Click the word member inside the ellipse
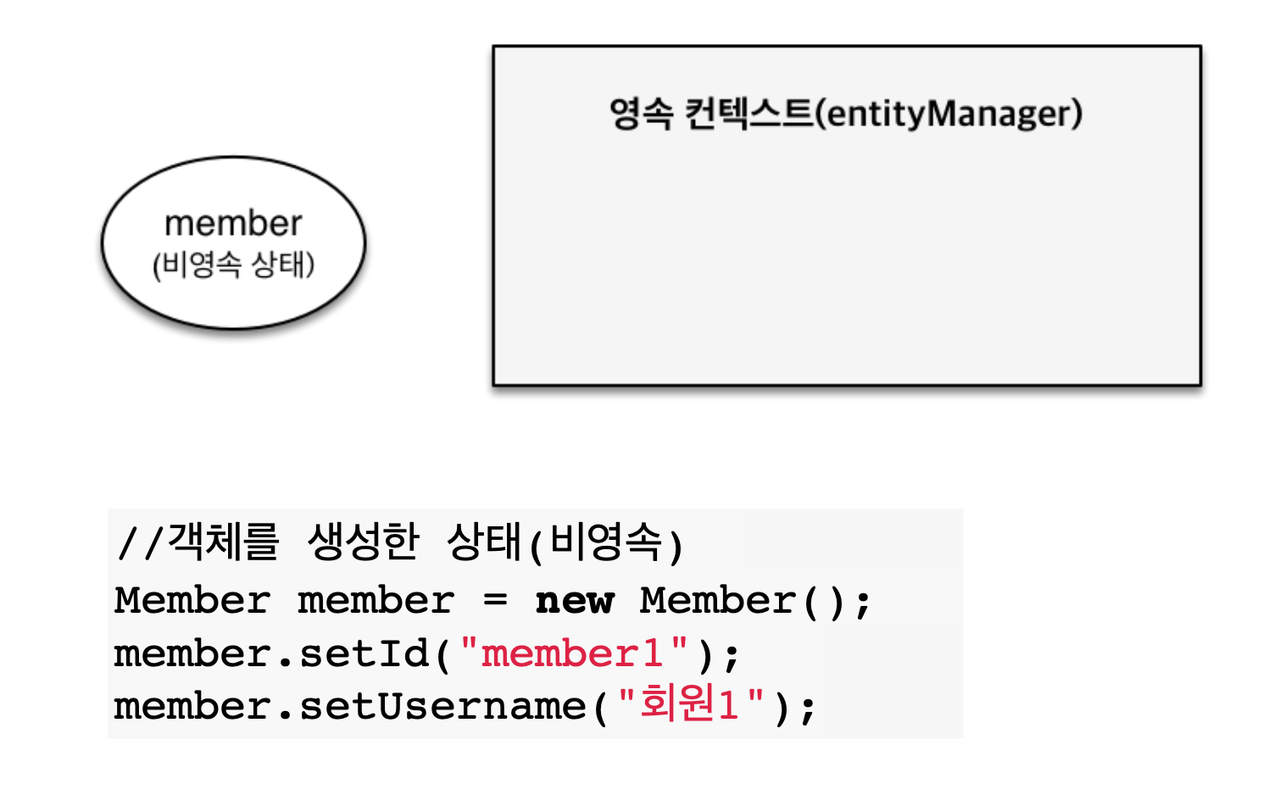[233, 224]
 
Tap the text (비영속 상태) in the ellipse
[233, 264]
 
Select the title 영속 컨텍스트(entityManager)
[845, 114]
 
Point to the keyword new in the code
[575, 601]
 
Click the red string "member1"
[574, 654]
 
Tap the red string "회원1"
[691, 705]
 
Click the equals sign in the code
[496, 601]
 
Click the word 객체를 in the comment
[224, 542]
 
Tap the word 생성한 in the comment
[363, 542]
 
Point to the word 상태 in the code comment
[483, 542]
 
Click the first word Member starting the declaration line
[192, 601]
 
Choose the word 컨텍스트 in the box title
[748, 114]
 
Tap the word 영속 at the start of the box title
[641, 114]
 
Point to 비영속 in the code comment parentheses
[605, 542]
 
